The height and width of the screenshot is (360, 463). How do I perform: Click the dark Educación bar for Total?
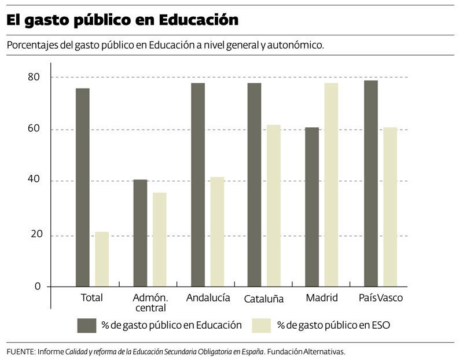83,188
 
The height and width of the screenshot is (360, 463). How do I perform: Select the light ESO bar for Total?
102,259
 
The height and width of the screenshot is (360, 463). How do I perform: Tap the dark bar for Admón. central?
140,233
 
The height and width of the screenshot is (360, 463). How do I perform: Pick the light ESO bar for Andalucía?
218,232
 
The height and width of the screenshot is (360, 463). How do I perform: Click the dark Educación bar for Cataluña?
254,185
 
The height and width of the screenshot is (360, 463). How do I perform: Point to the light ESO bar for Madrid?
331,185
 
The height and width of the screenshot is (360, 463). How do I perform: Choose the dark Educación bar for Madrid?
312,207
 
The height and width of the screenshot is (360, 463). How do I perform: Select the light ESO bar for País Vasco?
390,207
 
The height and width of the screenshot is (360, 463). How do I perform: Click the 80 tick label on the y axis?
34,77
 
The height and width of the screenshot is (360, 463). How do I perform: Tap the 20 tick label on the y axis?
36,234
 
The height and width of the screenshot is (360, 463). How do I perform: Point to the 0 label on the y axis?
38,286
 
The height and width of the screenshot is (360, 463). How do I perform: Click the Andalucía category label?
208,297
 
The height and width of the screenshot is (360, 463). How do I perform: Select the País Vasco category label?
381,297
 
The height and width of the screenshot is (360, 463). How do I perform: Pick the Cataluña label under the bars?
264,299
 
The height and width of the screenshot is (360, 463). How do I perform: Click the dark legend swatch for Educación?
86,325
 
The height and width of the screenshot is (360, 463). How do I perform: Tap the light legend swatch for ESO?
262,325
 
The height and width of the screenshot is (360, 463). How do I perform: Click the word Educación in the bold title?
199,20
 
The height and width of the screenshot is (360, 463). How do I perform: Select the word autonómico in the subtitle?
296,45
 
